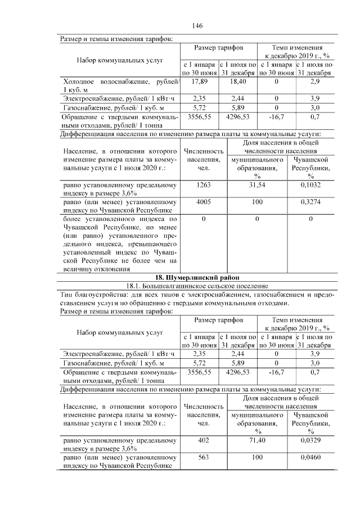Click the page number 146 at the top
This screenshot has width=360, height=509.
tap(197, 26)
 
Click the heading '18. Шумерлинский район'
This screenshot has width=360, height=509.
tap(197, 277)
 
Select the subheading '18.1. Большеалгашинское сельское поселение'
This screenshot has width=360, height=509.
tap(197, 286)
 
